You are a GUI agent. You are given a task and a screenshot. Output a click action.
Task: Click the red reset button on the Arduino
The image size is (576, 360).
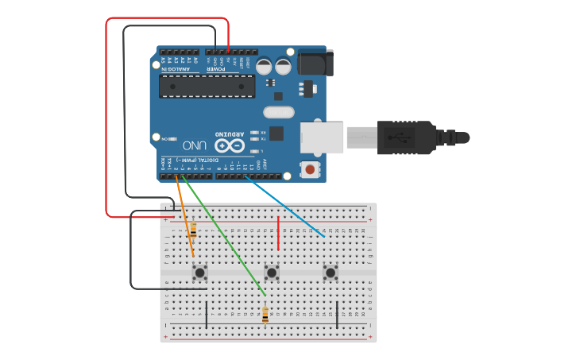click(309, 168)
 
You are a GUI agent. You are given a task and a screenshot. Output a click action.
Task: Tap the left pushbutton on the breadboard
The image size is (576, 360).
click(200, 273)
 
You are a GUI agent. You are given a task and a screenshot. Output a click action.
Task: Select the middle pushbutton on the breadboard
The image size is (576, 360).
click(272, 273)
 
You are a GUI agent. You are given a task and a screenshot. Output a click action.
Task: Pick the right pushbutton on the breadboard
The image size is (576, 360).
click(331, 273)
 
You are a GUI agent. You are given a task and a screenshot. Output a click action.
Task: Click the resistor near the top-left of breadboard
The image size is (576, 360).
click(193, 230)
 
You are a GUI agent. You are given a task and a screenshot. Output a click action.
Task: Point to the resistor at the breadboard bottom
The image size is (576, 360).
click(265, 315)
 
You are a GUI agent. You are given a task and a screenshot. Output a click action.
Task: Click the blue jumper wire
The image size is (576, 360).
click(286, 207)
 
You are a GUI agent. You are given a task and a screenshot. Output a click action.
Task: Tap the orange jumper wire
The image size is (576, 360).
click(184, 215)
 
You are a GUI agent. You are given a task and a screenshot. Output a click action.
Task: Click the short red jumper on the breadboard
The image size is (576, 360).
click(278, 232)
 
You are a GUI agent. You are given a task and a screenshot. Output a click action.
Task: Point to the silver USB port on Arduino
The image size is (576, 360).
click(322, 137)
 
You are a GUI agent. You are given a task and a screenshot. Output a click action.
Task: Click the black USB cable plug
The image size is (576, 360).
click(405, 137)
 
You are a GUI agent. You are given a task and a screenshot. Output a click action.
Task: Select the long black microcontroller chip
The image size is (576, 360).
click(207, 86)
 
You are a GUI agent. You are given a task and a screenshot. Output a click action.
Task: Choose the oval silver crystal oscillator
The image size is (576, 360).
click(277, 113)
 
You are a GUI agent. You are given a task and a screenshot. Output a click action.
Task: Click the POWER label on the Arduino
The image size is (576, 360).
click(216, 69)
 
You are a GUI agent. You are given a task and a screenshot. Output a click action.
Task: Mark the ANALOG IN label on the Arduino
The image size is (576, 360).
click(176, 69)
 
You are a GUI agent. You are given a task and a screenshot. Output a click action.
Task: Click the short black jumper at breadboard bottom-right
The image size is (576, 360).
click(338, 315)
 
